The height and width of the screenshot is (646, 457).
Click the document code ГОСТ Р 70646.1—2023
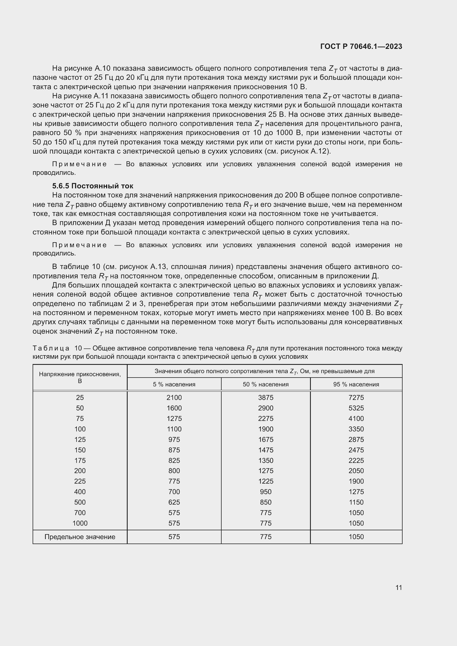coord(361,46)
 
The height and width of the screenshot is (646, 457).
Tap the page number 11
coord(398,587)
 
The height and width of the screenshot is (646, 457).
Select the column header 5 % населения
coord(174,384)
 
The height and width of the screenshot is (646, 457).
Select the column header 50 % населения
coord(266,384)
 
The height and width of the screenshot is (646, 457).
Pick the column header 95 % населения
coord(356,384)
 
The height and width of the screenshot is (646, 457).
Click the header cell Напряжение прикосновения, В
coord(80,377)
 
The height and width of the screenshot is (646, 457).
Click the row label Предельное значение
coord(80,537)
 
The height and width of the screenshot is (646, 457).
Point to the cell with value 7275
coord(356,397)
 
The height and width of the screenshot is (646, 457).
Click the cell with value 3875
coord(266,397)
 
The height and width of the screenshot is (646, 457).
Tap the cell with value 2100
coord(174,397)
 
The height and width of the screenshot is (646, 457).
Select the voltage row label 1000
coord(80,523)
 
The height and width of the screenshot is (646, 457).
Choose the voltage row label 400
coord(80,492)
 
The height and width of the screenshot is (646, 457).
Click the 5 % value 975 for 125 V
coord(174,439)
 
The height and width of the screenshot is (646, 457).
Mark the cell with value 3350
coord(356,429)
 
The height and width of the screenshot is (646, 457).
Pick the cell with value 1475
coord(266,450)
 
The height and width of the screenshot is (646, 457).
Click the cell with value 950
coord(266,492)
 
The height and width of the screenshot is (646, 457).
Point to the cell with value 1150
coord(356,502)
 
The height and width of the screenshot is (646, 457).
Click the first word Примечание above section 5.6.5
coord(79,164)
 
